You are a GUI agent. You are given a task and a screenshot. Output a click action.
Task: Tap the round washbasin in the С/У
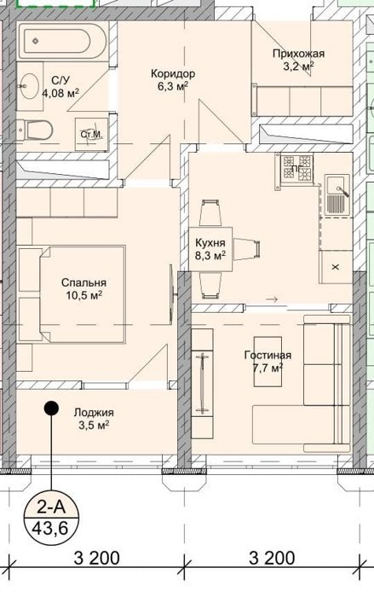point(29,85)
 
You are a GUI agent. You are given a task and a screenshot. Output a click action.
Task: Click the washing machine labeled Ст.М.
point(91,134)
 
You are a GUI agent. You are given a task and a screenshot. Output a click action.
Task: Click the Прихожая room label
point(298,53)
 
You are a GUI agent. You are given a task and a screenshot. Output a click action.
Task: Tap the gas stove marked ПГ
point(296,168)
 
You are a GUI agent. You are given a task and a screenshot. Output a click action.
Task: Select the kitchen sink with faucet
point(337,195)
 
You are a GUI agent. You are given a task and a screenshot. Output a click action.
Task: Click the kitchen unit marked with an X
point(335,267)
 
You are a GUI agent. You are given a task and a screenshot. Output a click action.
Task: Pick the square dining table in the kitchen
point(210,249)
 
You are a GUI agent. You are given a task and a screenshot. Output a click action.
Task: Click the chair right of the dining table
point(247,249)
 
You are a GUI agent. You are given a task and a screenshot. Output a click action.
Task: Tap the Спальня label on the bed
point(83,283)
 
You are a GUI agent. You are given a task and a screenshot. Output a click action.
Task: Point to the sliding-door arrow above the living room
point(273,299)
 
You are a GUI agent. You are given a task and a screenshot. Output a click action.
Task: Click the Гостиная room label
point(268,356)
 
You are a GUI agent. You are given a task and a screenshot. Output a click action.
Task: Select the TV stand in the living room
point(202,384)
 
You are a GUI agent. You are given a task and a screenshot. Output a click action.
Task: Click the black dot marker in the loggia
point(51,409)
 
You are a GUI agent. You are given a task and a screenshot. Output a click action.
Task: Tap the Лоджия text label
point(94,413)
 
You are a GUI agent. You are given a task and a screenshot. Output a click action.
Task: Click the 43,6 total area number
point(50,529)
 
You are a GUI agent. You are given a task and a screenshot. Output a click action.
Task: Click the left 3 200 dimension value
point(96,559)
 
